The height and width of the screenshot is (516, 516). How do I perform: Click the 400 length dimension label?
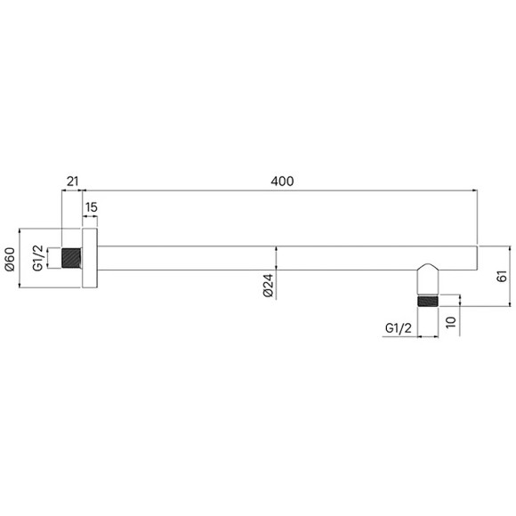281,181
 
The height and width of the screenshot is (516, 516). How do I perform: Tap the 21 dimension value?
73,181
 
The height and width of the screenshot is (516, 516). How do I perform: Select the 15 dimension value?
91,207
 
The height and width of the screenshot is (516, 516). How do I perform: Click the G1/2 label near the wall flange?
38,259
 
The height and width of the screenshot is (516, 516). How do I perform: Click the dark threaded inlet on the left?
71,259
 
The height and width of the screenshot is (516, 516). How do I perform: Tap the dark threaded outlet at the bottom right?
428,301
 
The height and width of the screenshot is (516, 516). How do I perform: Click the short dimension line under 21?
73,190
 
